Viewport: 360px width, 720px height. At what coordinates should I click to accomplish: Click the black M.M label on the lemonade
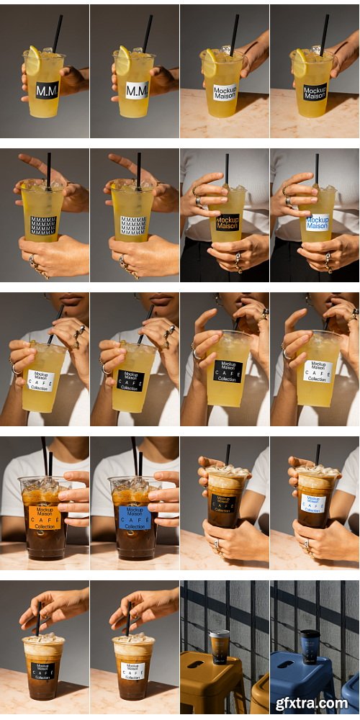point(48,91)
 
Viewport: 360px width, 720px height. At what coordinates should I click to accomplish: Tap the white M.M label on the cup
point(137,91)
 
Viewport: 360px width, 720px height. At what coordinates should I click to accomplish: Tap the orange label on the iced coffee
point(45,516)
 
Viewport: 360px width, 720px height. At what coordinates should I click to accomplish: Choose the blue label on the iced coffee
point(135,516)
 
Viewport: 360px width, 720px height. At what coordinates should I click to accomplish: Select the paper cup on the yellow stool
point(220,645)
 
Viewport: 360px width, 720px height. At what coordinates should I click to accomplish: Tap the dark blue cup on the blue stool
point(310,645)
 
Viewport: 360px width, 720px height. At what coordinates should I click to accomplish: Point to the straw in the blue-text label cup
point(316,168)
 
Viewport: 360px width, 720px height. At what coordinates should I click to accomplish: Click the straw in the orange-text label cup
point(226,168)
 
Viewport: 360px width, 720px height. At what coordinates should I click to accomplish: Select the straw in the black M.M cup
point(57,32)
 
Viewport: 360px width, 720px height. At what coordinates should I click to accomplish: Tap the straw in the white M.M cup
point(147,32)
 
